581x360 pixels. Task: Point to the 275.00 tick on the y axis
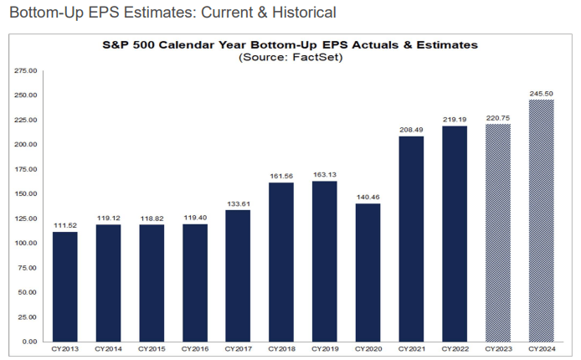26,71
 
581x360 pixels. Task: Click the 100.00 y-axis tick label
26,244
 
